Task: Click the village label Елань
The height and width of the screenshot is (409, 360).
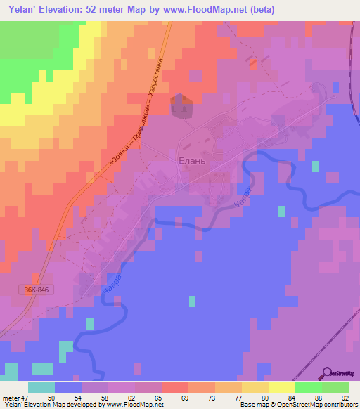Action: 190,160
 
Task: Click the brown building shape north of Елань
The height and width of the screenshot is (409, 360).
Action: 181,105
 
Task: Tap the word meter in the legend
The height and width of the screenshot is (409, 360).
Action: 11,398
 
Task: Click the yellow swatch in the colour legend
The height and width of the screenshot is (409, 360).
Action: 281,387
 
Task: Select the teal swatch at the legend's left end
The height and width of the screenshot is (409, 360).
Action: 41,387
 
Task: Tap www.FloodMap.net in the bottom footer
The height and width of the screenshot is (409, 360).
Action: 134,405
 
